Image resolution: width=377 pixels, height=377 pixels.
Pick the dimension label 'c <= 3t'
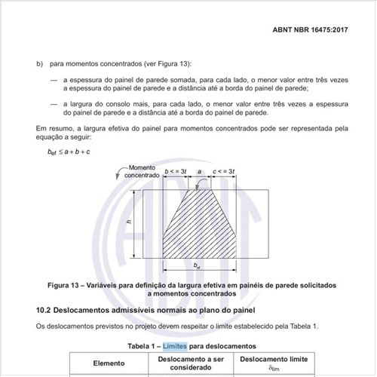(225, 173)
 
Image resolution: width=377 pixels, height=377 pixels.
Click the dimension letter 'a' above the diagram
(201, 173)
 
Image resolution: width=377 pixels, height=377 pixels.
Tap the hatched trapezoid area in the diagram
(199, 226)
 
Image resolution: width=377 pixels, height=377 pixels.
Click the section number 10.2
(44, 310)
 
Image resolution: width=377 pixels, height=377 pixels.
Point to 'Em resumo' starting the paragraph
(54, 129)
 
